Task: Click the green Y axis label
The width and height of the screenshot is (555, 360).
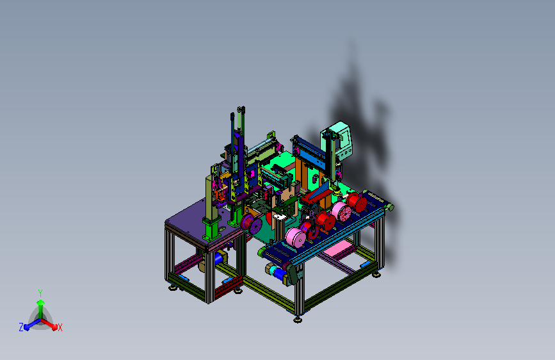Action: pos(40,293)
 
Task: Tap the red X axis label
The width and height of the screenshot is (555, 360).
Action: pos(60,328)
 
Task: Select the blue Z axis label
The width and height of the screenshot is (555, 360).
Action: pos(21,327)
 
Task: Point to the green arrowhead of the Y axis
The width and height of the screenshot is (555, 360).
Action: pos(40,302)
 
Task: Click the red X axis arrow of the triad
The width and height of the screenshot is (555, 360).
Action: pos(49,324)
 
